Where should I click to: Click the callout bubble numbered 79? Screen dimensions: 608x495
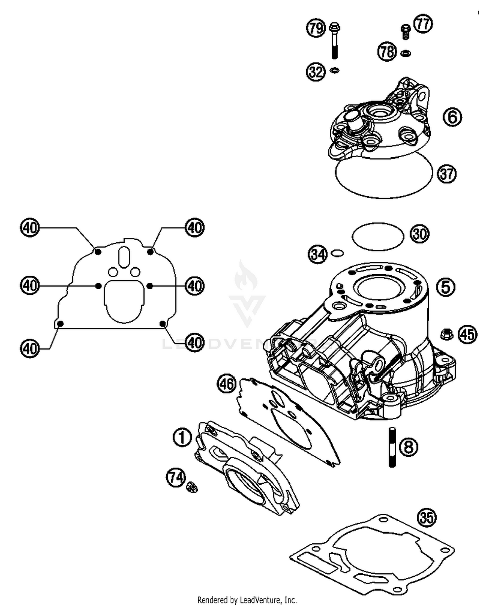point(316,28)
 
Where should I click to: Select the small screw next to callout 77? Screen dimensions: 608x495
point(406,32)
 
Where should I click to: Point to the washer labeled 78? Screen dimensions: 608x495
point(406,53)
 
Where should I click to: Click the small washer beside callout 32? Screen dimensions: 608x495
point(335,70)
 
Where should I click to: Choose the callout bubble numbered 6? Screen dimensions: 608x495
point(452,117)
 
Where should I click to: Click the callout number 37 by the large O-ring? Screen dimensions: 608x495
point(446,173)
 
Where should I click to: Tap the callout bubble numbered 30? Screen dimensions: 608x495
point(420,234)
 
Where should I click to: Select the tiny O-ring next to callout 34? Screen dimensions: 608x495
point(337,253)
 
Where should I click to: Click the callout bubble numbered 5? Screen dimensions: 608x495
point(445,287)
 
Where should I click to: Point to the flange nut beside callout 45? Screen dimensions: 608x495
point(446,334)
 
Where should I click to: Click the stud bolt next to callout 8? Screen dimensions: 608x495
point(392,447)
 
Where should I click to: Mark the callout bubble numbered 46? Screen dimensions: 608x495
point(226,384)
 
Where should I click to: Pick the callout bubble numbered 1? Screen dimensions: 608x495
point(182,438)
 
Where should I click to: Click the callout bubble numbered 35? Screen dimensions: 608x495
point(427,517)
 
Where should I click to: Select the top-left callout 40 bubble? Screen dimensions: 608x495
point(30,228)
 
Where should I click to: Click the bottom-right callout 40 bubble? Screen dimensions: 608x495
point(195,343)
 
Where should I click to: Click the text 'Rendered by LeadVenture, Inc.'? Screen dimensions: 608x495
point(247,600)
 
